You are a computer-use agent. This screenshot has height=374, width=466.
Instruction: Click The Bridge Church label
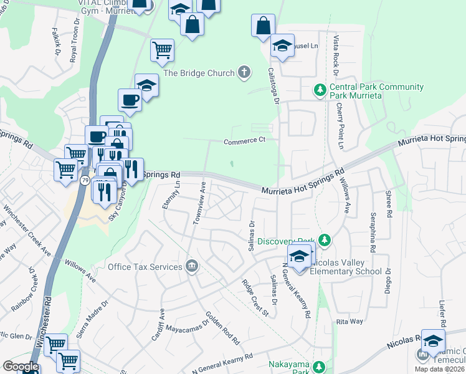199,73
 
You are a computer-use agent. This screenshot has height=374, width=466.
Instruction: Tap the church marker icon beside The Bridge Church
244,73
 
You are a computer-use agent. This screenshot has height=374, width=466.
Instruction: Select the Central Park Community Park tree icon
320,91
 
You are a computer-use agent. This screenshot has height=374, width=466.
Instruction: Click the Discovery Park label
286,241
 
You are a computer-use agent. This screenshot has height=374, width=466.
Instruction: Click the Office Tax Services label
145,267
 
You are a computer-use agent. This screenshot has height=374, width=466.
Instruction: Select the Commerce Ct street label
245,141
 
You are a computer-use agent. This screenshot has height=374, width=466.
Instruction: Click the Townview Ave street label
199,203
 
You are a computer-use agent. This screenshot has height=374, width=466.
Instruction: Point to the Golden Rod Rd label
222,328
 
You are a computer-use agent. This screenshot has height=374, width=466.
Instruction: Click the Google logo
20,367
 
